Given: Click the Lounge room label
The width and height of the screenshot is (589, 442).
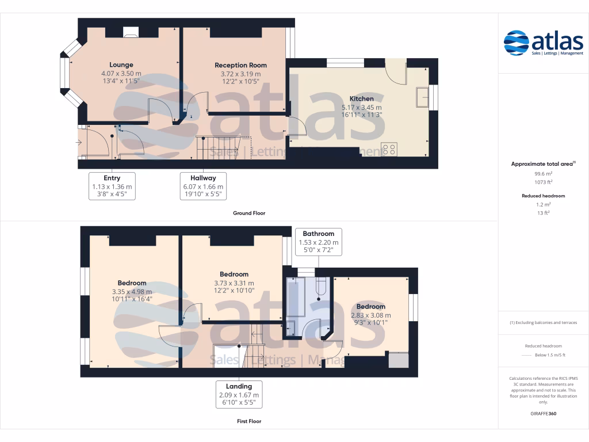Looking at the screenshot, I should coord(121,65).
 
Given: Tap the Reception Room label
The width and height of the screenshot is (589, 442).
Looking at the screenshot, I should coord(240,66).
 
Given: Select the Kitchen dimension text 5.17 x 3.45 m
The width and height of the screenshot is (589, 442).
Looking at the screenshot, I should coord(361,108).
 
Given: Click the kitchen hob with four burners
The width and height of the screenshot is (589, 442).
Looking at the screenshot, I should coord(389,149).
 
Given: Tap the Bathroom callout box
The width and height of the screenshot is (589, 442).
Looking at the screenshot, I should coord(319,242).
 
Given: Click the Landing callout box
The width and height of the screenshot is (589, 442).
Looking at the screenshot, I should coord(239,394).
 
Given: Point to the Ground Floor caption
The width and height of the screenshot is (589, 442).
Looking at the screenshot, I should coord(249,213).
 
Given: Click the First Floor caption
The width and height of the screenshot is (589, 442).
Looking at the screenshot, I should coord(249,421).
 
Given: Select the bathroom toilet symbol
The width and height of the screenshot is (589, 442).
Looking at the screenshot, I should coord(322,287).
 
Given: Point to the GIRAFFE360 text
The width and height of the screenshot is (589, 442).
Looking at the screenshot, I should coord(544,413).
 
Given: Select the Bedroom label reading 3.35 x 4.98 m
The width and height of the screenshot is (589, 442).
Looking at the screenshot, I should coord(132,292).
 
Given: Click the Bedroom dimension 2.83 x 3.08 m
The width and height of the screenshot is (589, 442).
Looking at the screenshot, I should coord(371,315).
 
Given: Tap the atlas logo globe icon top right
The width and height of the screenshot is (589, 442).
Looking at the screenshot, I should coord(516,43).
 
